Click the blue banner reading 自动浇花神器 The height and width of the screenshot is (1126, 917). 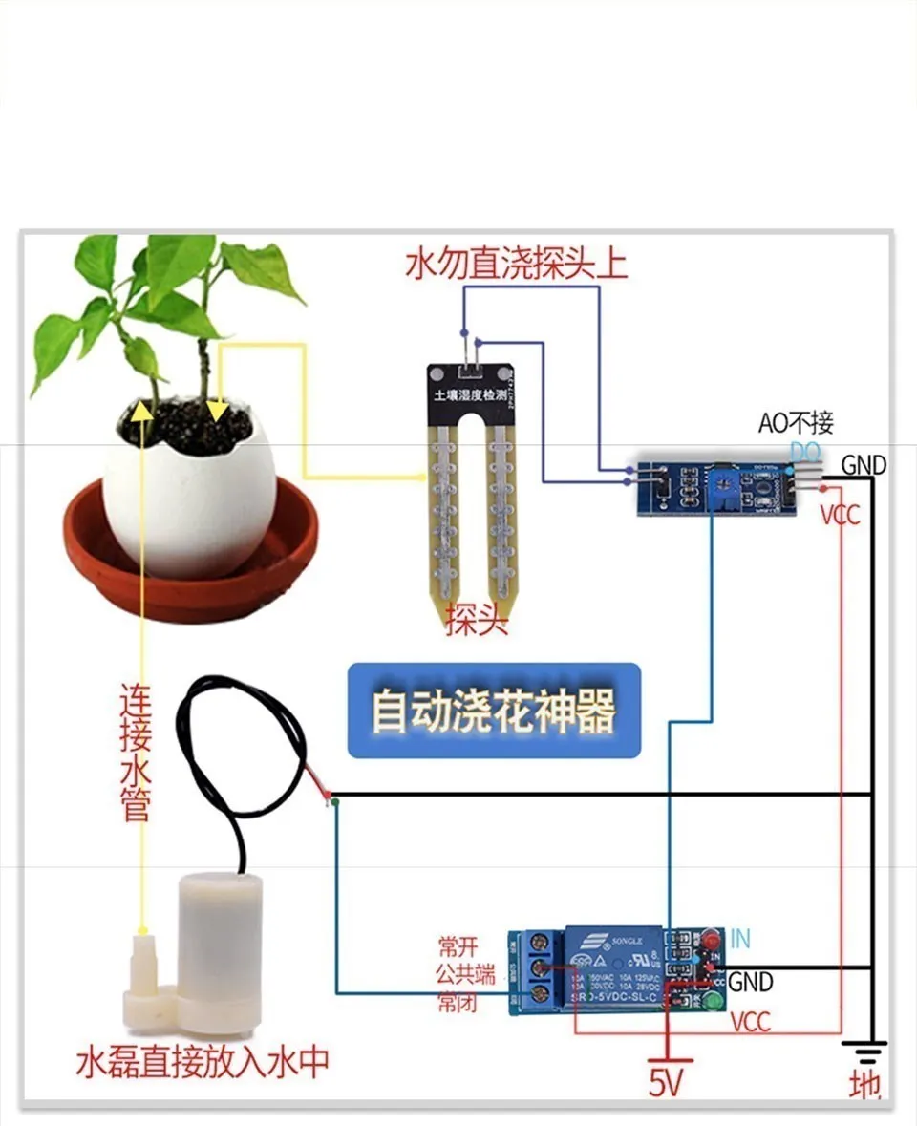coord(493,712)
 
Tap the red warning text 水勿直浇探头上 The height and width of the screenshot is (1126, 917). coord(517,263)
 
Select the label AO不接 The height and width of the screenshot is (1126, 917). coord(796,422)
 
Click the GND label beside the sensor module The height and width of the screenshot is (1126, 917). coord(864,465)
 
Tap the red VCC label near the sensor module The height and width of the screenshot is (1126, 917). coord(840,515)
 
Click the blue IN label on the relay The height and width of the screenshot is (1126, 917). coord(739,939)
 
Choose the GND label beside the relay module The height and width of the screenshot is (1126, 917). coord(751,981)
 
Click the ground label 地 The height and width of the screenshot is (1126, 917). coord(864,1087)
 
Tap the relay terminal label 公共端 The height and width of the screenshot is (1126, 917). coord(465,974)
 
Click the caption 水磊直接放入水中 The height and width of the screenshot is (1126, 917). coord(203,1062)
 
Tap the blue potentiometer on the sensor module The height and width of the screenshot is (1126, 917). coord(721,479)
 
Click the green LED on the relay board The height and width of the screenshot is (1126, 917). coord(712,1002)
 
